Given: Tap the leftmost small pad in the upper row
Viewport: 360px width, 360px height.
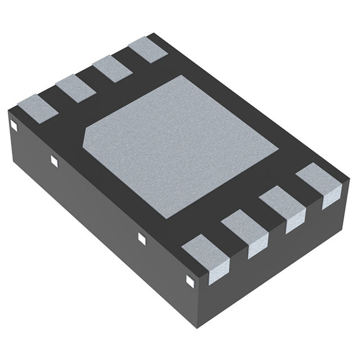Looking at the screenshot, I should coord(38,106).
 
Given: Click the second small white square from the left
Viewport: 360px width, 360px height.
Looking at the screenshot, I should coord(55,161).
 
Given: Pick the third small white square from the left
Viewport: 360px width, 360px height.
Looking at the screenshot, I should coord(141,238).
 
